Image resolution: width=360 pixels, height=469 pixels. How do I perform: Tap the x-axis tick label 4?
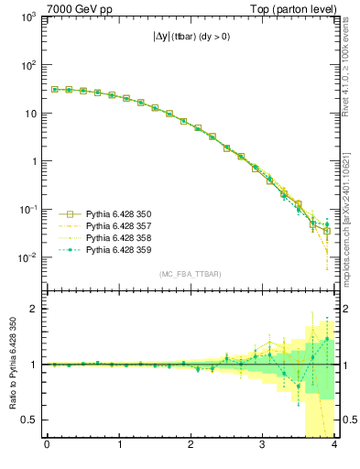(335, 446)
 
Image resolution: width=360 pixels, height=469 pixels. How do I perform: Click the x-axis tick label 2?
(191, 446)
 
